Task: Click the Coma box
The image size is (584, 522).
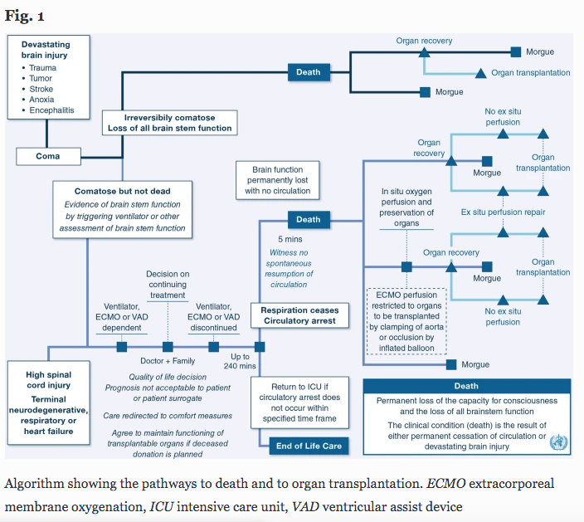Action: pyautogui.click(x=48, y=156)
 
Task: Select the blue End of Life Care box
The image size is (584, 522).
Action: pyautogui.click(x=309, y=446)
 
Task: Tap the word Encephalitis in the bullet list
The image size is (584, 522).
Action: pyautogui.click(x=51, y=110)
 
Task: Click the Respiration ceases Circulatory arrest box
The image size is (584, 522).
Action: pyautogui.click(x=299, y=315)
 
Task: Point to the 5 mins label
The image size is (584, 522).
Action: pyautogui.click(x=290, y=239)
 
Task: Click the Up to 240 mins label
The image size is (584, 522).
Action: pyautogui.click(x=240, y=361)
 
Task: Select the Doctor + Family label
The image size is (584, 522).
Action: pyautogui.click(x=168, y=361)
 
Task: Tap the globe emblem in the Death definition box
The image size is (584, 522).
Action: pyautogui.click(x=558, y=442)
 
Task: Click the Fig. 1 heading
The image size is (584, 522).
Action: pyautogui.click(x=25, y=16)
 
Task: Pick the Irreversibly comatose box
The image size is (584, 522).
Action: pyautogui.click(x=170, y=123)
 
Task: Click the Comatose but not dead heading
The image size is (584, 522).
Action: pyautogui.click(x=123, y=191)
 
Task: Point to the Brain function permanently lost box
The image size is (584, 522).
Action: pyautogui.click(x=277, y=180)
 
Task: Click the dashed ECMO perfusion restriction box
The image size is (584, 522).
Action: pyautogui.click(x=406, y=321)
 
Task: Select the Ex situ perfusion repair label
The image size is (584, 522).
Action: pyautogui.click(x=503, y=212)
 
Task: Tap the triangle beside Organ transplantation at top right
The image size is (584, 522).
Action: pyautogui.click(x=481, y=73)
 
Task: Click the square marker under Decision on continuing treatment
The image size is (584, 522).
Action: pyautogui.click(x=168, y=347)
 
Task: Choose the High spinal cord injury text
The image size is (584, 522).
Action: pyautogui.click(x=48, y=379)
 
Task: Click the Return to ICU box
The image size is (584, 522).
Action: pyautogui.click(x=299, y=402)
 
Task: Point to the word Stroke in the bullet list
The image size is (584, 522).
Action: pyautogui.click(x=41, y=89)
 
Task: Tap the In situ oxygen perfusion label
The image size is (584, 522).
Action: pyautogui.click(x=406, y=207)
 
